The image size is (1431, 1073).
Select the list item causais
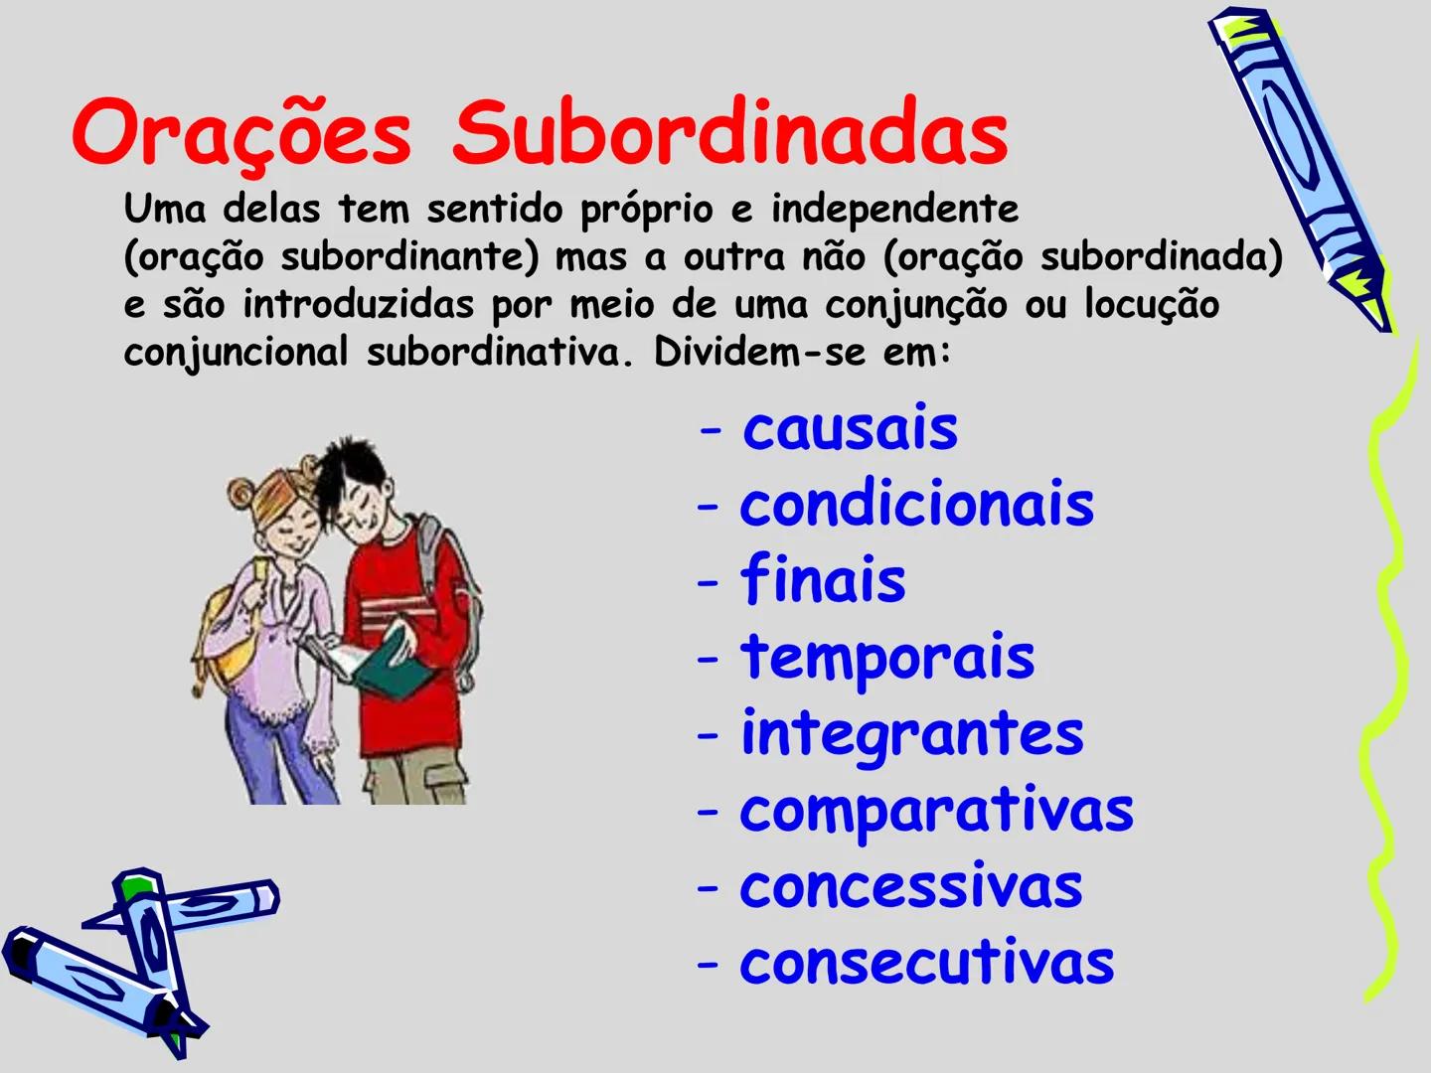850,429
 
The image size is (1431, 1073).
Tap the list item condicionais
916,505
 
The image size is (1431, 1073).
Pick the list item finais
823,580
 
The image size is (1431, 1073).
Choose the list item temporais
887,657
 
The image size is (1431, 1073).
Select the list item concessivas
910,886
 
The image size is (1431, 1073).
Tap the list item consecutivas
926,963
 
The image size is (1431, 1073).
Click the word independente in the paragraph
894,210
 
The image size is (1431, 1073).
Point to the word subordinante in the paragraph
408,257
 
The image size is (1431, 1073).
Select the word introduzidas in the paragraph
358,304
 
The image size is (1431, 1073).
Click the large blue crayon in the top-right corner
1297,164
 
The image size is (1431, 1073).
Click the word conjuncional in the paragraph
236,352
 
